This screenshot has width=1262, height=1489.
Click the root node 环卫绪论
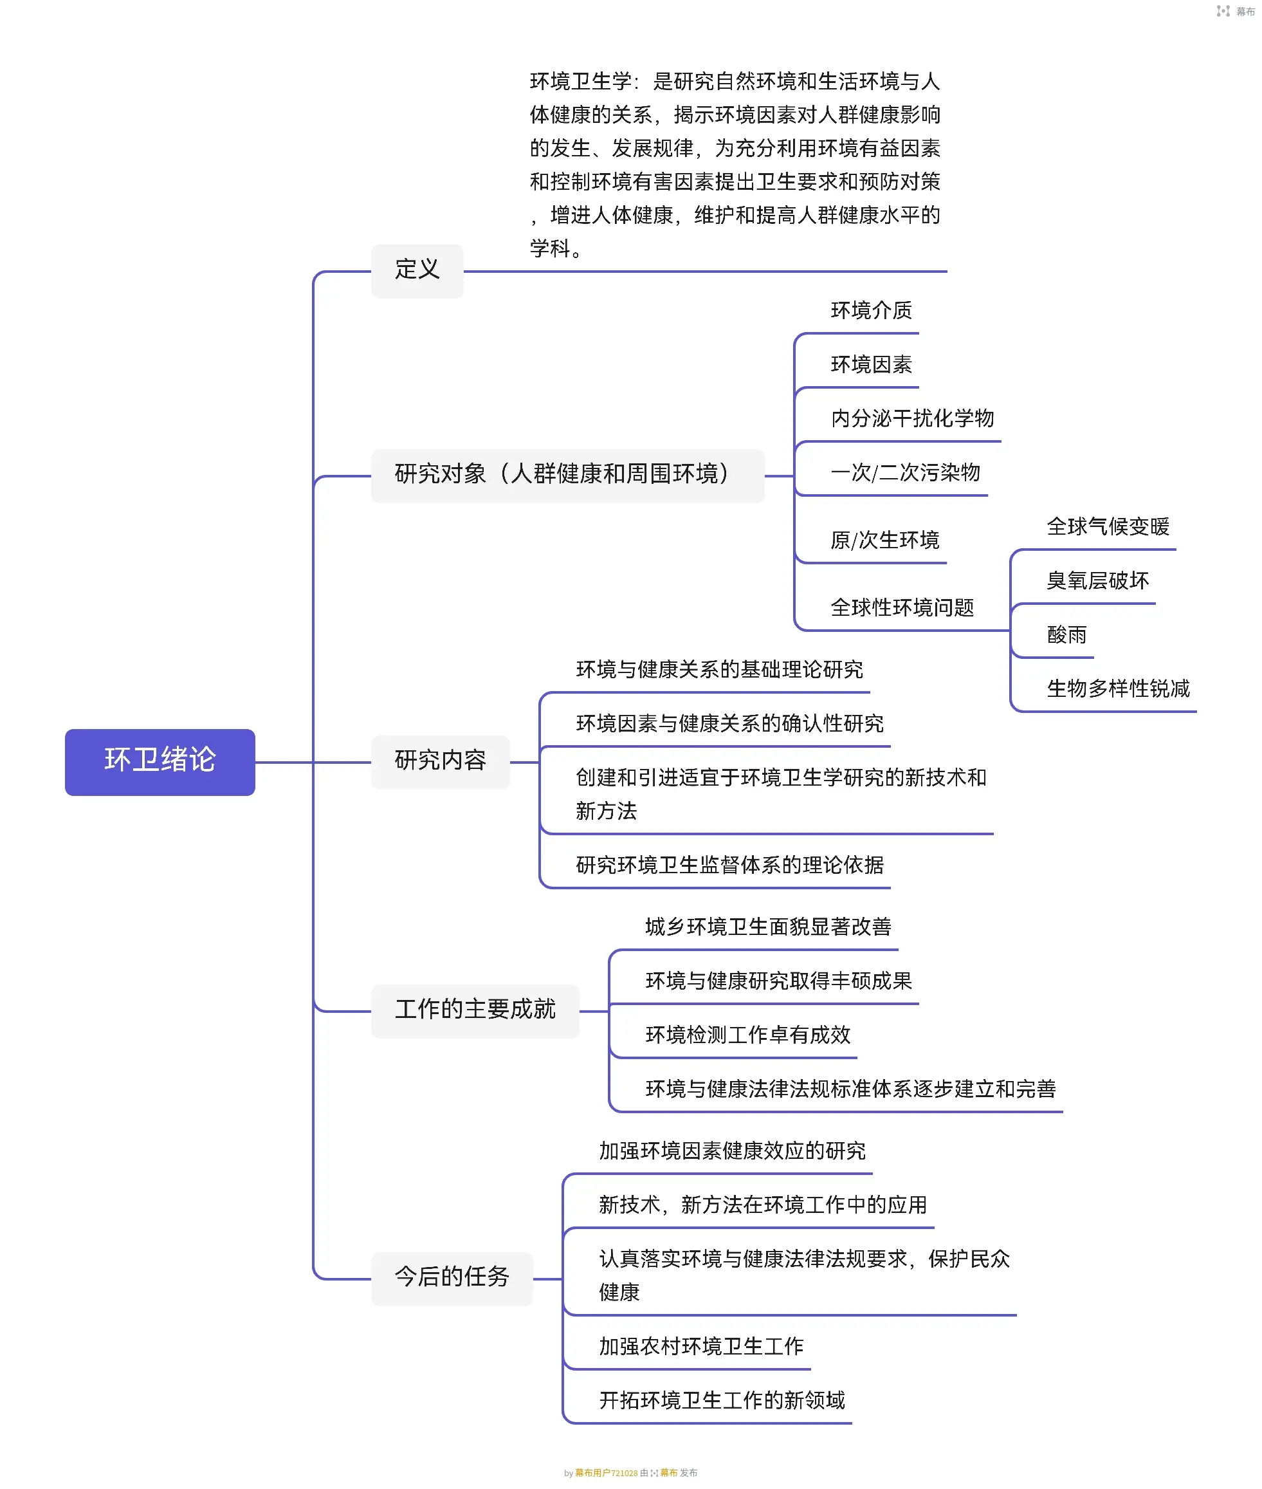160,761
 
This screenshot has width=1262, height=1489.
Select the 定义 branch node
416,270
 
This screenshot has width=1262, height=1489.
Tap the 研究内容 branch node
439,761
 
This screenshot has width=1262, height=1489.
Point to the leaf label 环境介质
871,311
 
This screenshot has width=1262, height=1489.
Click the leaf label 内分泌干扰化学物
912,418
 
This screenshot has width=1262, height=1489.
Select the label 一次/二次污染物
905,473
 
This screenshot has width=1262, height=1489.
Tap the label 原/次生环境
884,541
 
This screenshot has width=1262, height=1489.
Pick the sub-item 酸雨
1066,634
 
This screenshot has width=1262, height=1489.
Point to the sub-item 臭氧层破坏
1097,581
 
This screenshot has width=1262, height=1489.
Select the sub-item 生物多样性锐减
1117,689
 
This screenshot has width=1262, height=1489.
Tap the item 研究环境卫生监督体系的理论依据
729,865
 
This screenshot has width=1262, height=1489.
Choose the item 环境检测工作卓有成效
747,1035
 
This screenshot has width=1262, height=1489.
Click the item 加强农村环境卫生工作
701,1347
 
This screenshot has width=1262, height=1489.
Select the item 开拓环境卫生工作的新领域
721,1400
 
